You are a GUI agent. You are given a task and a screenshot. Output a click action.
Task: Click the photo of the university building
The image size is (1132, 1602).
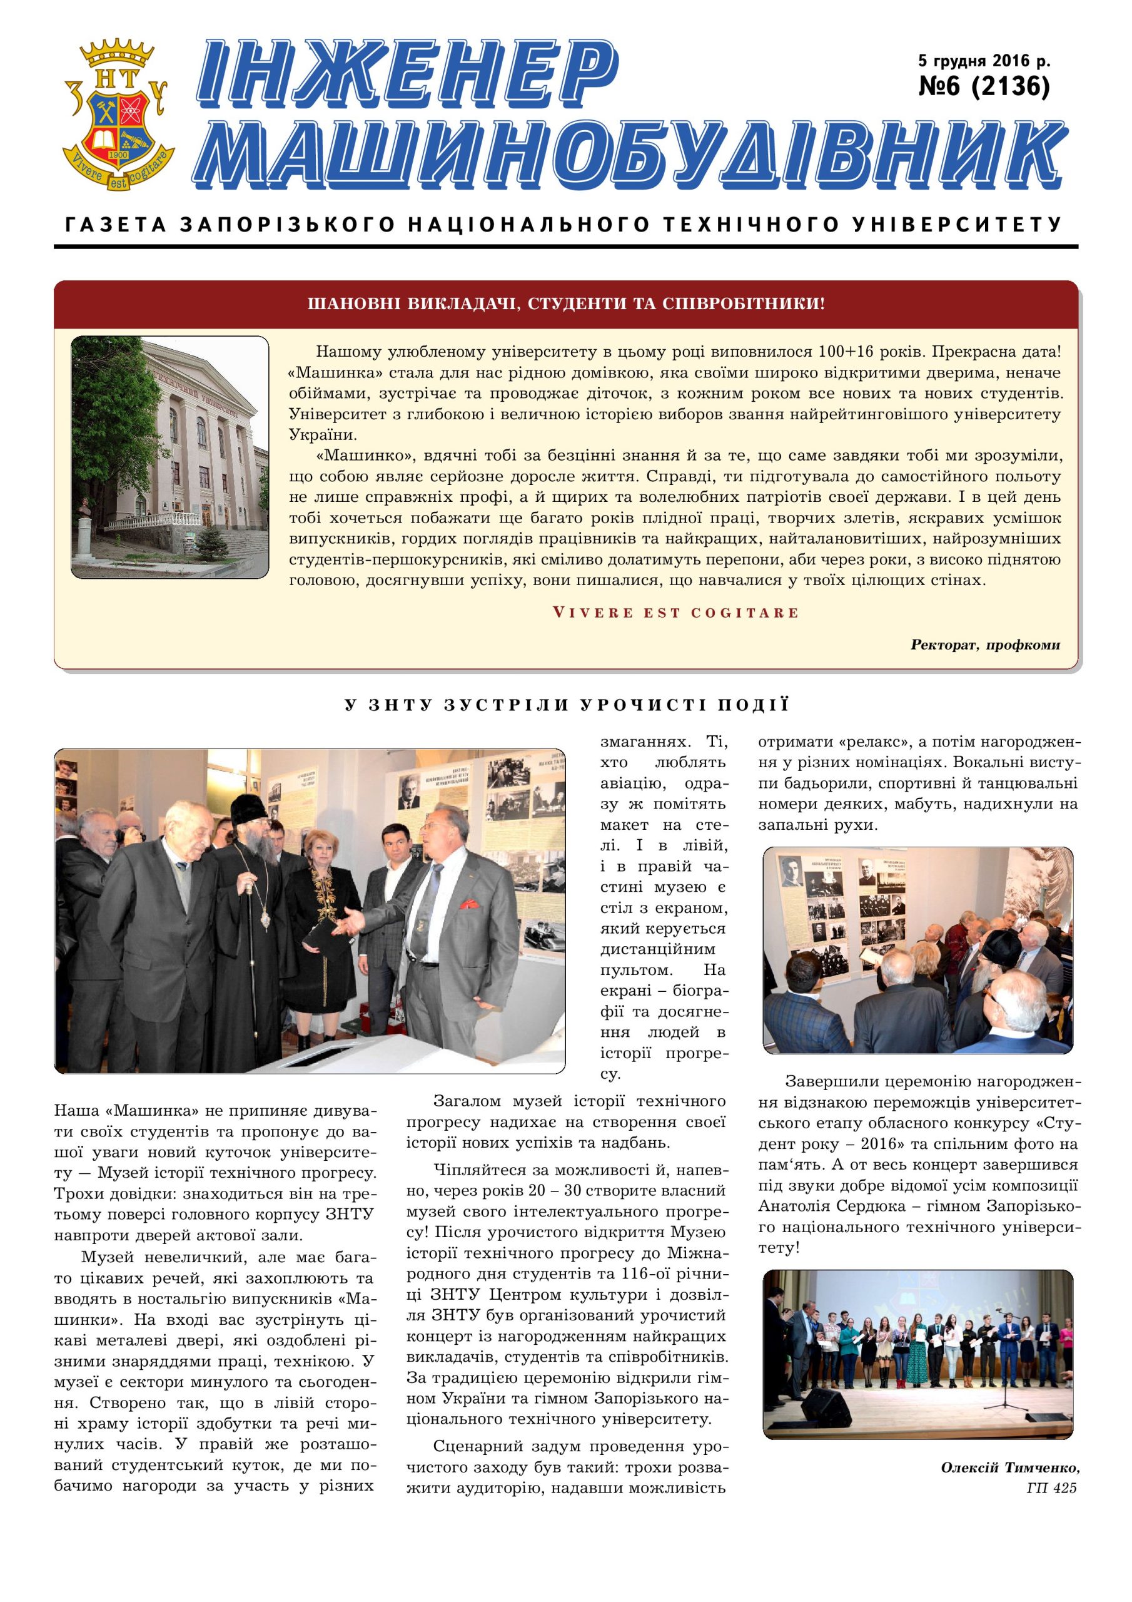[x=169, y=457]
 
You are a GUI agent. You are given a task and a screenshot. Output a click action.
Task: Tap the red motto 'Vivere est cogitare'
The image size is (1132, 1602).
[x=675, y=613]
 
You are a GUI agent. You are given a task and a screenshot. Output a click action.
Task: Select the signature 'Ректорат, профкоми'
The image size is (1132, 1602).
[x=985, y=645]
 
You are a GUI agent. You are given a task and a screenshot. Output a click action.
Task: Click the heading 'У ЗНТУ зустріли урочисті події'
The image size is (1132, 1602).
[x=567, y=705]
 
